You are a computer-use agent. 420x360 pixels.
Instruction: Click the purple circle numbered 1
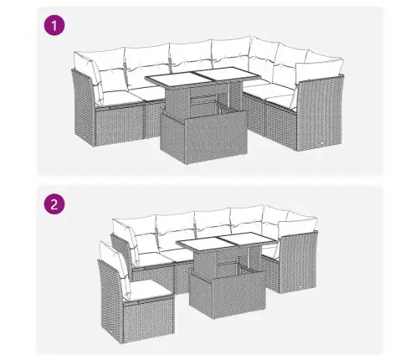click(55, 27)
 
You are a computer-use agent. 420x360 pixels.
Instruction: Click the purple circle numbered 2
click(55, 204)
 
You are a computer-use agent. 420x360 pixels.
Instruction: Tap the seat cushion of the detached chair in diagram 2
click(141, 287)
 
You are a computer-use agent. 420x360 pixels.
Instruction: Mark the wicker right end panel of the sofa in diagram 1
click(318, 113)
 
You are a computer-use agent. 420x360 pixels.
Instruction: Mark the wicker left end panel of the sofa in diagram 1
click(84, 109)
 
